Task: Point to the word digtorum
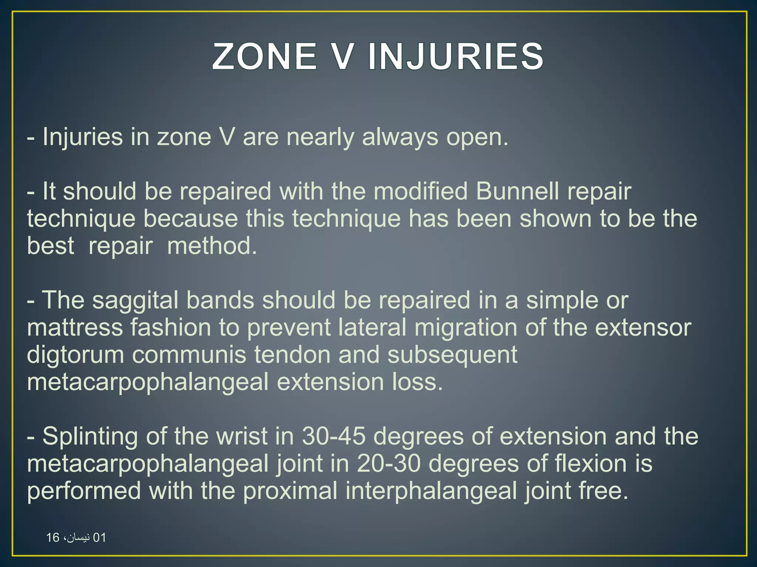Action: (75, 355)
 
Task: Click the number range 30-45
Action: (333, 436)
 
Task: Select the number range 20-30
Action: (388, 464)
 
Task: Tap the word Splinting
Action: (90, 436)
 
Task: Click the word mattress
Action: (74, 327)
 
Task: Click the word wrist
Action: (242, 436)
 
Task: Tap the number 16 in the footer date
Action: (53, 537)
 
